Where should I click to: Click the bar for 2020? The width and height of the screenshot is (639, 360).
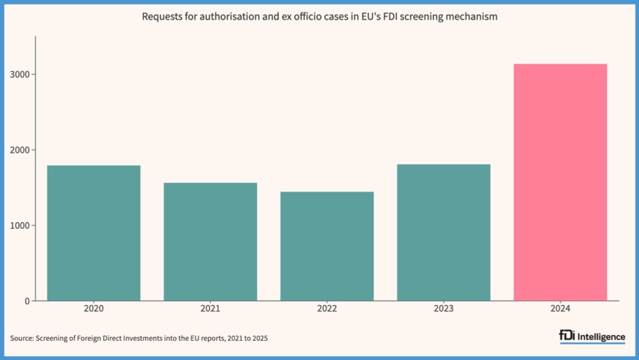(x=94, y=233)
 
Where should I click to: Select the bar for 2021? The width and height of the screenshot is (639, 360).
(x=210, y=242)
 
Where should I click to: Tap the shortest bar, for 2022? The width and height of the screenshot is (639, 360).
(x=327, y=246)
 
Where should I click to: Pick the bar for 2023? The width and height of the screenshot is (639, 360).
(x=443, y=232)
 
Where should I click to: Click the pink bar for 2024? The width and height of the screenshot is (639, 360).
(x=560, y=182)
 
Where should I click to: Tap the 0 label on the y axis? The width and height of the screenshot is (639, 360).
(x=26, y=301)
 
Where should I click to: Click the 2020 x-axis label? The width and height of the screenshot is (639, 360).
(x=94, y=309)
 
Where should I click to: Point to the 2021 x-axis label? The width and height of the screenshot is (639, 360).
(x=210, y=309)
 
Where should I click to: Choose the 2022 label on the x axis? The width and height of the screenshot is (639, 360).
(x=327, y=309)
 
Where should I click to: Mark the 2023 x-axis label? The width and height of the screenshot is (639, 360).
(x=443, y=309)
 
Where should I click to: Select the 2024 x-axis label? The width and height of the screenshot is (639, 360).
(x=560, y=309)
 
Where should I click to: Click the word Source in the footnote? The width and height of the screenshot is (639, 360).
(x=21, y=338)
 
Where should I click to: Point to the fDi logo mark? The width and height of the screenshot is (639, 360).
(x=567, y=336)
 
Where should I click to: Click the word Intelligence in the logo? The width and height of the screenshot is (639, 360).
(x=601, y=337)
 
